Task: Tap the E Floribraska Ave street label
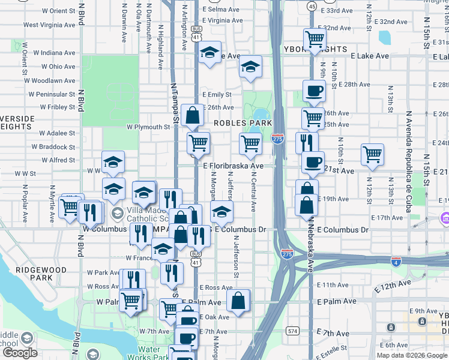[233, 166]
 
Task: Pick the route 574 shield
[292, 331]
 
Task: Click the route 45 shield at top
[312, 5]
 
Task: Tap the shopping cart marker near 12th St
[373, 154]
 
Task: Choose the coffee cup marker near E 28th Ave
[314, 91]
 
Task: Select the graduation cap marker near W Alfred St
[113, 161]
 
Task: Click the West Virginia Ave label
[49, 25]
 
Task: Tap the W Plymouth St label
[148, 127]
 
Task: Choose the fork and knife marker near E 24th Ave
[306, 143]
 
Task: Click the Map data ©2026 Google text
[412, 355]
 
